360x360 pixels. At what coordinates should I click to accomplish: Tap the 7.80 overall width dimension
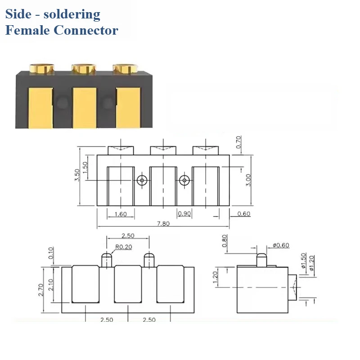[x=163, y=224]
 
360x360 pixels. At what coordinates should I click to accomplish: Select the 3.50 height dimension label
[x=77, y=175]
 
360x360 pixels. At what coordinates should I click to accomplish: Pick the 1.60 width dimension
[x=120, y=214]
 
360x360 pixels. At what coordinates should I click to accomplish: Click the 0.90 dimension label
[x=184, y=214]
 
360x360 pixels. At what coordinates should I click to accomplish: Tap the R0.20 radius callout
[x=124, y=247]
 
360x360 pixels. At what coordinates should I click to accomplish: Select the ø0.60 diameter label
[x=281, y=245]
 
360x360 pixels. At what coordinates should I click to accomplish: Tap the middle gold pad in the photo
[x=85, y=107]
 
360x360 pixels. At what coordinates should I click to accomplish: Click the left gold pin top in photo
[x=42, y=68]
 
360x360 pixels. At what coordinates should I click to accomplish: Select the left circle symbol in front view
[x=142, y=180]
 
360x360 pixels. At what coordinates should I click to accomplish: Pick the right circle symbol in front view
[x=184, y=180]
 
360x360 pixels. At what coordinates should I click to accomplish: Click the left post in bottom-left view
[x=106, y=260]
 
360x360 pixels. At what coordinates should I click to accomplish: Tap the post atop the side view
[x=261, y=260]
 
